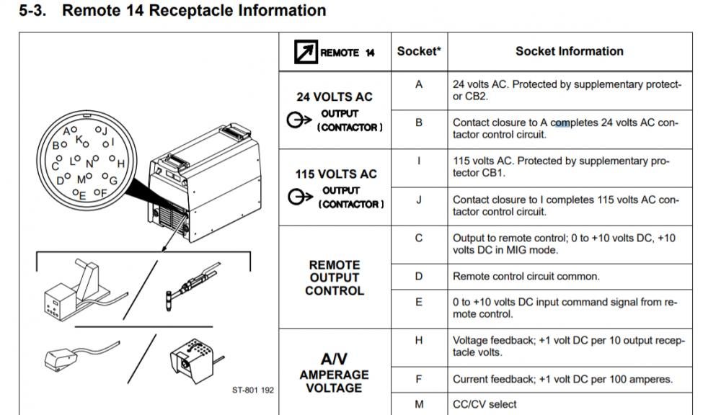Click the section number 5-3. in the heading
(x=32, y=11)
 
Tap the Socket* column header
(x=419, y=51)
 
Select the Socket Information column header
(x=570, y=51)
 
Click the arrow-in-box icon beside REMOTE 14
(x=306, y=52)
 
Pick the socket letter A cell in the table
(x=419, y=84)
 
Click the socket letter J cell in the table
(x=419, y=200)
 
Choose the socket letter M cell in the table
(x=419, y=404)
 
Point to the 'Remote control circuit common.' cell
(x=526, y=277)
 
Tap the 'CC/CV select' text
(x=485, y=404)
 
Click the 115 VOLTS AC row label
(x=336, y=174)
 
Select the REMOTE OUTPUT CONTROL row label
(x=335, y=277)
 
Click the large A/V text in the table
(x=335, y=359)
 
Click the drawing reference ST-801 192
(x=253, y=391)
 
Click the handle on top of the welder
(x=236, y=131)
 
